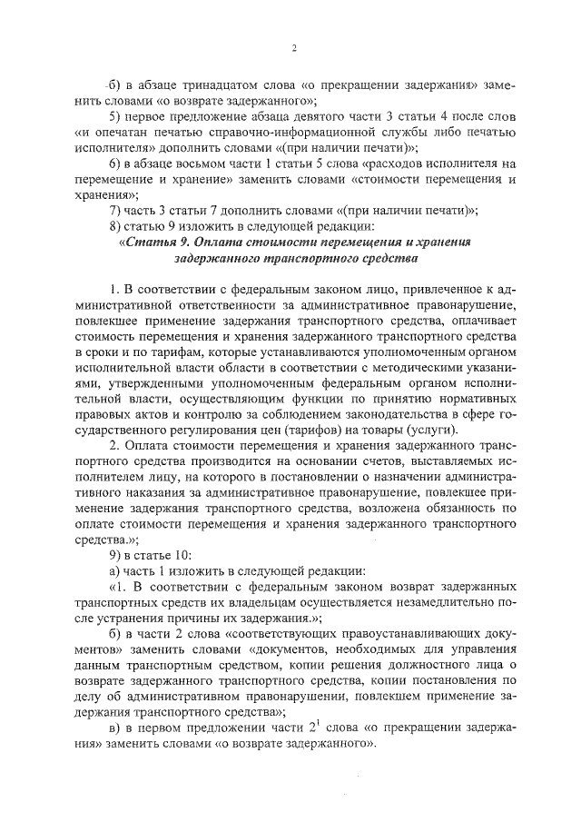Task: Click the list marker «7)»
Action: [113, 209]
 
